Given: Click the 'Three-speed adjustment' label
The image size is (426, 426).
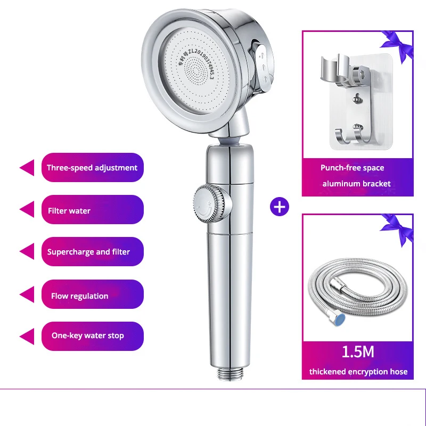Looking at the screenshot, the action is (92, 167).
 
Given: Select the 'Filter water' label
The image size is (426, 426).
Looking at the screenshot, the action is (92, 209).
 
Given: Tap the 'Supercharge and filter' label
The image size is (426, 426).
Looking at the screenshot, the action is (92, 251).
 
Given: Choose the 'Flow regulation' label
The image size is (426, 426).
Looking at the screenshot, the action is (92, 294).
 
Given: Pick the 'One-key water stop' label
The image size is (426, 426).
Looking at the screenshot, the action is (92, 336).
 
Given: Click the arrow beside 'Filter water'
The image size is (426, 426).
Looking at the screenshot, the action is (27, 209).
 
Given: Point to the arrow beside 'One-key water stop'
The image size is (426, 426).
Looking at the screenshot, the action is (27, 337).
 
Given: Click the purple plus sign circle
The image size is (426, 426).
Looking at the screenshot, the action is (280, 207).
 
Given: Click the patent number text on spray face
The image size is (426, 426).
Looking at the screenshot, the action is (196, 64).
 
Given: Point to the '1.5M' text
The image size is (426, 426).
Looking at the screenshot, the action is (358, 352).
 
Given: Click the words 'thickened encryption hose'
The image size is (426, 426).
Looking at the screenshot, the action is (358, 371).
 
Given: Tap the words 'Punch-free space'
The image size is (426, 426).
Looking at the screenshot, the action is (352, 168).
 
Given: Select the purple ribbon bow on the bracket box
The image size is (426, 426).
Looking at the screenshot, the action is (397, 46).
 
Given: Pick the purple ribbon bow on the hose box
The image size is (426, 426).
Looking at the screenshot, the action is (397, 230).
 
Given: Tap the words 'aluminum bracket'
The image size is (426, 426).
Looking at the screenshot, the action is (356, 184).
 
